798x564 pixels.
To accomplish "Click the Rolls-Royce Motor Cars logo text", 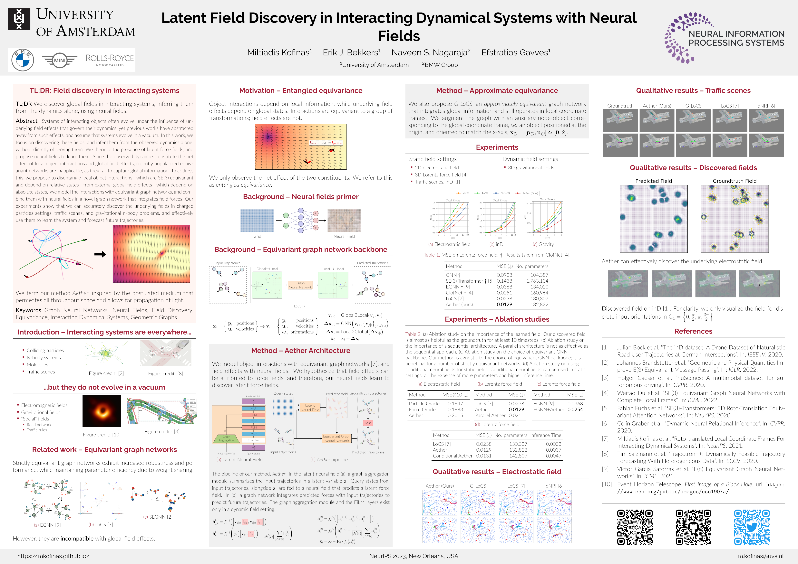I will tap(110, 60).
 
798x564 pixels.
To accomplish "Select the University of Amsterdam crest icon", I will tap(19, 19).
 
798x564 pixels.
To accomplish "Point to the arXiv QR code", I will tap(635, 527).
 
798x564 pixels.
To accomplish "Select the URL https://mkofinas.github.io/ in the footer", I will tap(53, 556).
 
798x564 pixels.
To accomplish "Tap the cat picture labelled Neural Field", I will tap(344, 221).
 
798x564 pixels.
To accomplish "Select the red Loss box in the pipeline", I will tap(368, 423).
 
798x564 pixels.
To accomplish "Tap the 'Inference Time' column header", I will tap(545, 435).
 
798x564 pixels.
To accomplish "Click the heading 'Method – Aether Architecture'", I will tap(301, 350).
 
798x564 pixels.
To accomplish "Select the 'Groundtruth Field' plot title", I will tap(734, 181).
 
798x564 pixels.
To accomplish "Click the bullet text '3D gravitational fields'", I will tap(531, 168).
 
